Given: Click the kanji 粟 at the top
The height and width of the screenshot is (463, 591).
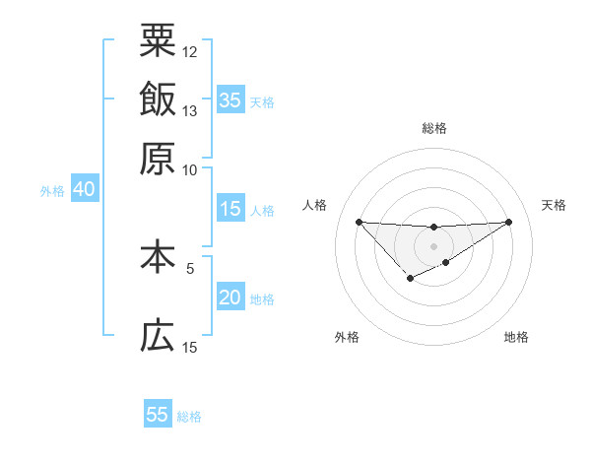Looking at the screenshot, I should click(x=158, y=40).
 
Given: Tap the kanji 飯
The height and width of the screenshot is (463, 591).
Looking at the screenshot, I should click(x=158, y=99).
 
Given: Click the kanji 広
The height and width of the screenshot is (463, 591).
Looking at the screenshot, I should click(x=158, y=337).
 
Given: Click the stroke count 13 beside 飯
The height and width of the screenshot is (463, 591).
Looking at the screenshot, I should click(x=190, y=110).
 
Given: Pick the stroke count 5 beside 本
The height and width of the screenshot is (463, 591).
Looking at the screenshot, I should click(x=190, y=267).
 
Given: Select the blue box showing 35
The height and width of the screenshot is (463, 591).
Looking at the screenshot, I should click(x=230, y=99).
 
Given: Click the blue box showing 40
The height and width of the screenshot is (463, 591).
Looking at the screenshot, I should click(x=84, y=189).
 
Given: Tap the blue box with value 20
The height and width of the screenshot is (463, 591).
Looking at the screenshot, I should click(x=230, y=298).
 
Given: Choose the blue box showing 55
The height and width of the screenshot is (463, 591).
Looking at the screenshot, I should click(x=158, y=415).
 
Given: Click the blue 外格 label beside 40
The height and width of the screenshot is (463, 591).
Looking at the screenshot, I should click(x=52, y=191).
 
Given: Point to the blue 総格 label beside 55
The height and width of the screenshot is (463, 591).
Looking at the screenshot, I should click(x=189, y=417).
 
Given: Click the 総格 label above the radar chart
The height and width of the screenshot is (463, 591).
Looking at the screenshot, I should click(x=434, y=128).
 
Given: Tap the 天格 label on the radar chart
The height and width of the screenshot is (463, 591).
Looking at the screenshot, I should click(x=554, y=205).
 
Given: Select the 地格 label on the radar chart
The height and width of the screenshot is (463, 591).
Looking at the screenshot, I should click(x=516, y=337).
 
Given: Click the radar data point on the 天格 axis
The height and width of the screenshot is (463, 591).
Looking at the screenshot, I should click(x=509, y=222).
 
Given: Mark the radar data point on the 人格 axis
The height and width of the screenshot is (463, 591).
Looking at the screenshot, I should click(x=359, y=222).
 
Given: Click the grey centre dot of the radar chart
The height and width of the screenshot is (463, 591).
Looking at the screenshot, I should click(x=434, y=245).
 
